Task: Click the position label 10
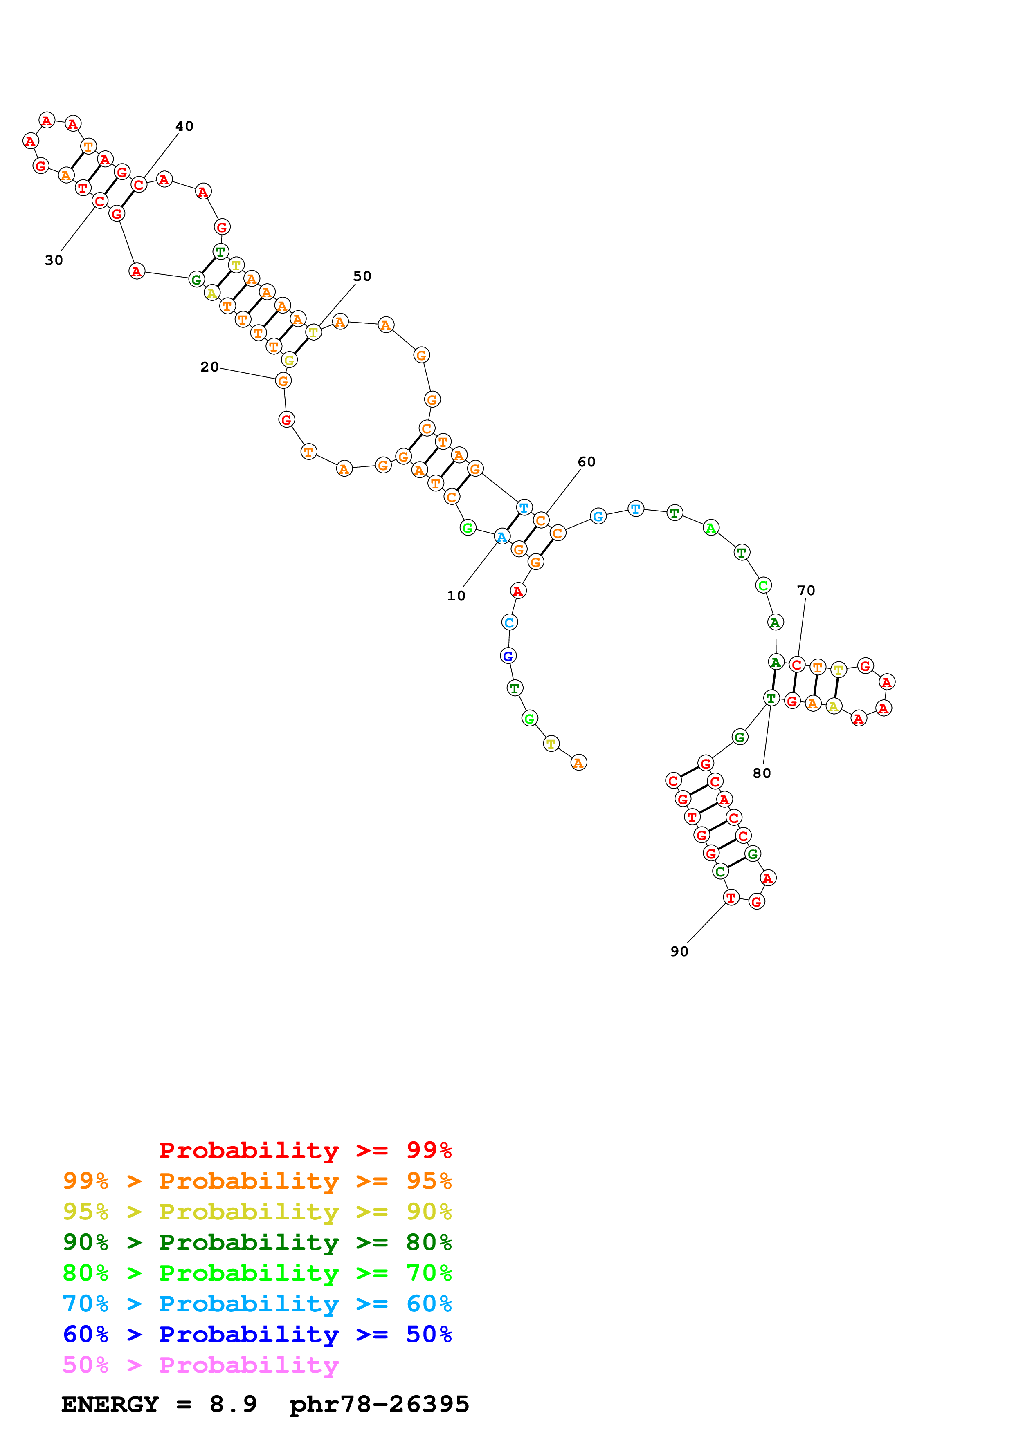(456, 596)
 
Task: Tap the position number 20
(209, 367)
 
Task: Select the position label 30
(54, 260)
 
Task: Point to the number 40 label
(184, 126)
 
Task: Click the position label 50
(362, 276)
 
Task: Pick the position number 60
(587, 462)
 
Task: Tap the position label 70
(806, 590)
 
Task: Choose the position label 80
(762, 773)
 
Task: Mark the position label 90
(679, 951)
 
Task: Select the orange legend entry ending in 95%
(257, 1181)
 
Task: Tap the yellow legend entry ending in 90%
(257, 1212)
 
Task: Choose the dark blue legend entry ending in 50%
(257, 1334)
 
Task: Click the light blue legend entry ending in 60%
(257, 1304)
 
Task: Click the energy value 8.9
(233, 1404)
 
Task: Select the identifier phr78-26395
(379, 1404)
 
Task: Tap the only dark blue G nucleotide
(508, 656)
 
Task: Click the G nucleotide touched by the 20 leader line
(283, 380)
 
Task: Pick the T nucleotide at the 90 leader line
(731, 898)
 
